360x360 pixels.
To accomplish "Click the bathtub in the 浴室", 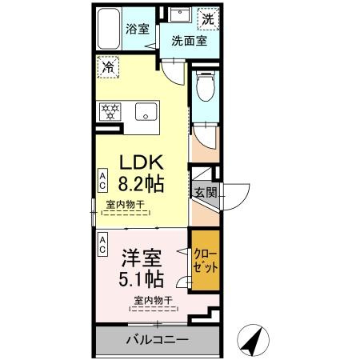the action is click(109, 29).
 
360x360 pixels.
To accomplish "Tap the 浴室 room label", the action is click(138, 29).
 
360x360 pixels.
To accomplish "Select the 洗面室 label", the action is click(189, 41).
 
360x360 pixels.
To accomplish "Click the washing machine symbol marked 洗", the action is click(208, 19).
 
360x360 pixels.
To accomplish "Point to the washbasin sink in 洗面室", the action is click(180, 14).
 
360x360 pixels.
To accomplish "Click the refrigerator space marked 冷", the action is click(108, 66).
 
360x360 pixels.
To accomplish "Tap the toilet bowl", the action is click(206, 86).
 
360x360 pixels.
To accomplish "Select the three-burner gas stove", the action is click(110, 111).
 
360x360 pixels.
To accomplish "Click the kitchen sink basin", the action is click(146, 111).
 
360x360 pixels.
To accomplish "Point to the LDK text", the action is click(142, 162).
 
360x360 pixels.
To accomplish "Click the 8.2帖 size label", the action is click(141, 184).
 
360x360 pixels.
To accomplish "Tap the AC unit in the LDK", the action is click(102, 180).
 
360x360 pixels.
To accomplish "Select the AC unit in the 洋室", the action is click(102, 245).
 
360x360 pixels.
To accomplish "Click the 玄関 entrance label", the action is click(206, 192).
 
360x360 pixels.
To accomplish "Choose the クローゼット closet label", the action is click(206, 260).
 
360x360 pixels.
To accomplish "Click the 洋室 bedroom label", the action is click(142, 258).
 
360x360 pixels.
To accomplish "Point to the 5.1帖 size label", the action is click(141, 278).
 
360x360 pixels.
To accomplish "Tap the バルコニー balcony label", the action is click(158, 340).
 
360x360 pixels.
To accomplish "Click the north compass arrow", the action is click(253, 341).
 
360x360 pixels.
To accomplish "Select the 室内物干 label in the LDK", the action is click(126, 205).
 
